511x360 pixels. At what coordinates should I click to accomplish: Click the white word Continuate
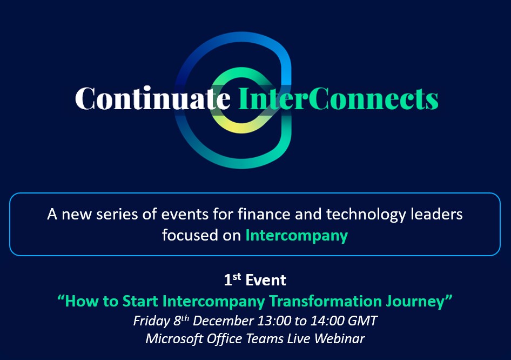click(x=153, y=98)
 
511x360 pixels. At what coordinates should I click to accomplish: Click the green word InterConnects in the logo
click(x=338, y=98)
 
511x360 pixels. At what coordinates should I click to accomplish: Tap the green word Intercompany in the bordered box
click(x=297, y=236)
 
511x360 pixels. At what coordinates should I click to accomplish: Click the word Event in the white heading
click(x=266, y=280)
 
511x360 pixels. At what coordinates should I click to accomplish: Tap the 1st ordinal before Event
click(x=232, y=279)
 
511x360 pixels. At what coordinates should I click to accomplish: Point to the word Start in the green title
click(x=140, y=301)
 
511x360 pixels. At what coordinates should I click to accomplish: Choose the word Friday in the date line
click(x=152, y=321)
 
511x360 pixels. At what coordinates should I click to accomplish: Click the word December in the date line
click(x=223, y=321)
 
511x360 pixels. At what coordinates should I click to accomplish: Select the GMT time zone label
click(x=362, y=321)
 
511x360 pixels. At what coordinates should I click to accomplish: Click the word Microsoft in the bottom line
click(x=174, y=339)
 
